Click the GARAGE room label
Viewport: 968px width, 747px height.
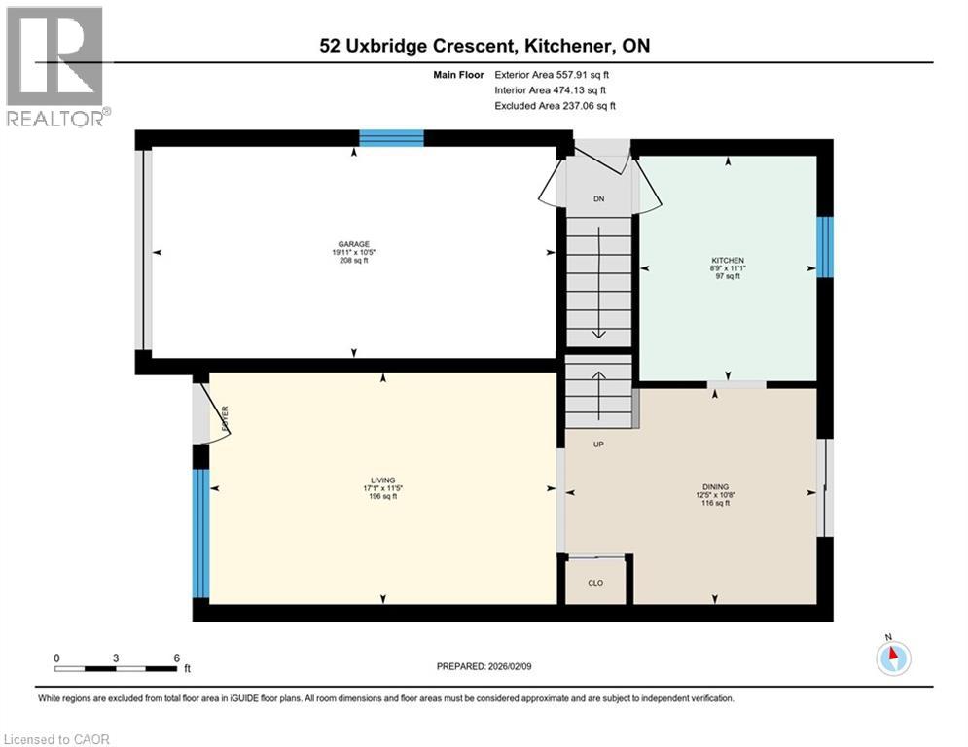pyautogui.click(x=354, y=244)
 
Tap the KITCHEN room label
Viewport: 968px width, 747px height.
pyautogui.click(x=728, y=261)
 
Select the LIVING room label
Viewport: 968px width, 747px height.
pyautogui.click(x=382, y=480)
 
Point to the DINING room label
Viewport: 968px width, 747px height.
pyautogui.click(x=715, y=487)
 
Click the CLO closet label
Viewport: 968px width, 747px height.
pyautogui.click(x=595, y=583)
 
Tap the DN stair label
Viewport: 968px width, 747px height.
pyautogui.click(x=599, y=199)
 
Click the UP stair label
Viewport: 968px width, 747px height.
pyautogui.click(x=598, y=445)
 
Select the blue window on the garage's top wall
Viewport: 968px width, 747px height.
pyautogui.click(x=391, y=138)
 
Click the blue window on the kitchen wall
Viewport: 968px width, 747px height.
pyautogui.click(x=825, y=247)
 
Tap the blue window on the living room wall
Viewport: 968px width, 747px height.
pyautogui.click(x=201, y=533)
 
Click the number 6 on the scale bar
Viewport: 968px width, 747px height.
pyautogui.click(x=176, y=658)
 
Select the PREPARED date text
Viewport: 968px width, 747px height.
pyautogui.click(x=484, y=666)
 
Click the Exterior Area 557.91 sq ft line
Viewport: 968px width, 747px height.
pyautogui.click(x=552, y=75)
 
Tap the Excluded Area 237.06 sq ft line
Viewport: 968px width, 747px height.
pyautogui.click(x=555, y=106)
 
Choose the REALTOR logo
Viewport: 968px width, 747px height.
pyautogui.click(x=55, y=66)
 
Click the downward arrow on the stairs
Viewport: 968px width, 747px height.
pyautogui.click(x=599, y=283)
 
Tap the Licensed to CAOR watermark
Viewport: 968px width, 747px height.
pyautogui.click(x=56, y=739)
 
